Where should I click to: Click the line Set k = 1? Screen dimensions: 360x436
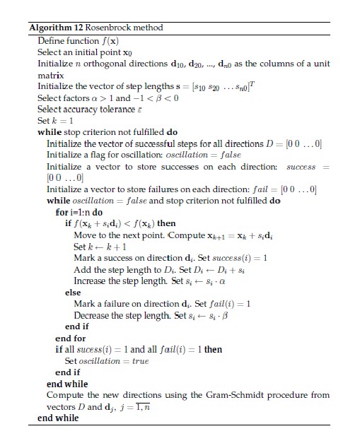pyautogui.click(x=54, y=120)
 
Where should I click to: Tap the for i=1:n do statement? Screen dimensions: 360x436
pyautogui.click(x=79, y=212)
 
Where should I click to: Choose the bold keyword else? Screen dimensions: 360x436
pyautogui.click(x=72, y=292)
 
